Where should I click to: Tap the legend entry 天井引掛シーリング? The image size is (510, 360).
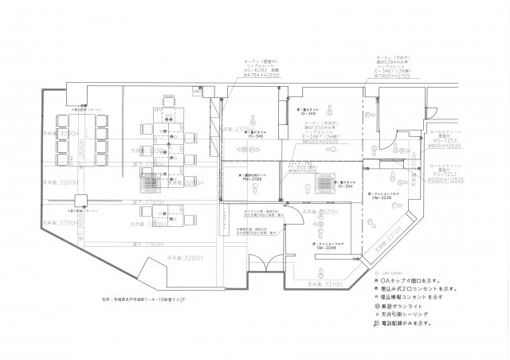tap(406, 316)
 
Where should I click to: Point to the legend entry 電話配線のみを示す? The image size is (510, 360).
tap(410, 326)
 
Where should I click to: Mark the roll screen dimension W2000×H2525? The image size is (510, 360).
tap(446, 180)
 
